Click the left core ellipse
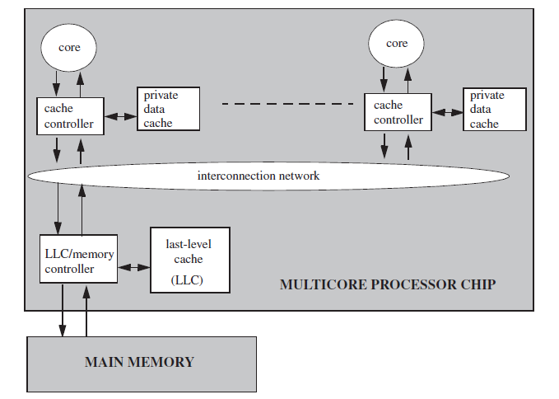tap(69, 47)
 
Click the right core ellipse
tap(397, 44)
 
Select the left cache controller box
tap(70, 116)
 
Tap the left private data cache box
tap(168, 109)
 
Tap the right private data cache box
tap(495, 109)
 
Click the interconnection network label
tap(259, 176)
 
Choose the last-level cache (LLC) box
tap(188, 258)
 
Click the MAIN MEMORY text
tap(139, 362)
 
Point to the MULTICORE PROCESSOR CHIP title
tap(388, 285)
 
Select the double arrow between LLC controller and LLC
tap(133, 267)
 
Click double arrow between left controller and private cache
tap(120, 117)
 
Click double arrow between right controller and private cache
tap(448, 110)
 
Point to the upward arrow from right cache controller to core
tap(408, 79)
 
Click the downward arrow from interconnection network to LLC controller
tap(58, 210)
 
